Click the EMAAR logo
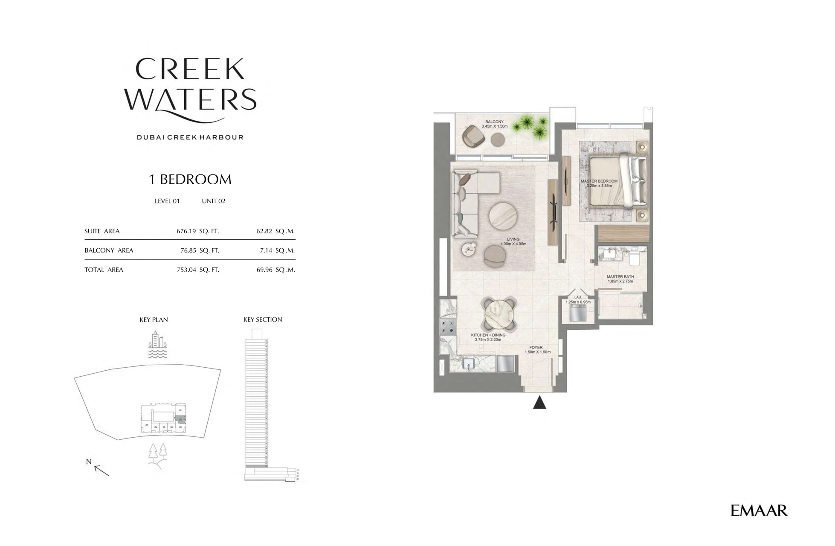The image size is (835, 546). pos(759,510)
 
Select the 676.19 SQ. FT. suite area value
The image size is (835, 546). pos(197,231)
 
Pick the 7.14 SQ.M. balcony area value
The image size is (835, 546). pos(277,250)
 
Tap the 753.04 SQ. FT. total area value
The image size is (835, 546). pos(197,270)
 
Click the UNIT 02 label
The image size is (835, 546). pos(213,201)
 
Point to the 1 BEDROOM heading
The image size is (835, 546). pos(190,180)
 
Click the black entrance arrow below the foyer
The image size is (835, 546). pos(539,403)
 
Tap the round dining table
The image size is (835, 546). pos(499,314)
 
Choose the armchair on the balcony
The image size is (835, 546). pos(473,136)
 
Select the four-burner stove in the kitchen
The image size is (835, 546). pos(447,326)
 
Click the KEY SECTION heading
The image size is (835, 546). pos(263,319)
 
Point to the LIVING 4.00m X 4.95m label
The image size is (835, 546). pos(513,242)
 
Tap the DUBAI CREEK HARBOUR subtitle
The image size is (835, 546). pos(190,137)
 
